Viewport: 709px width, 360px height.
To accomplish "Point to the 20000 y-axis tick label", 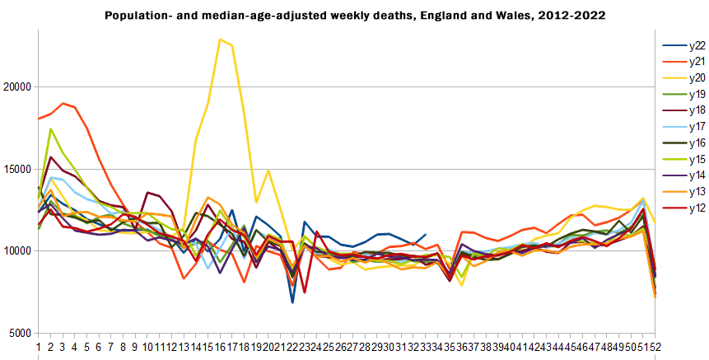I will (x=16, y=87).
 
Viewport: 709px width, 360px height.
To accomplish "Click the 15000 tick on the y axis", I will (x=16, y=170).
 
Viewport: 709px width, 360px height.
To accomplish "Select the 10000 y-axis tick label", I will (x=16, y=252).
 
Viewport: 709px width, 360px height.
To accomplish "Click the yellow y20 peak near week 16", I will (x=220, y=40).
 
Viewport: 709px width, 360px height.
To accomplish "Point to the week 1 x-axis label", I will (x=39, y=347).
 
